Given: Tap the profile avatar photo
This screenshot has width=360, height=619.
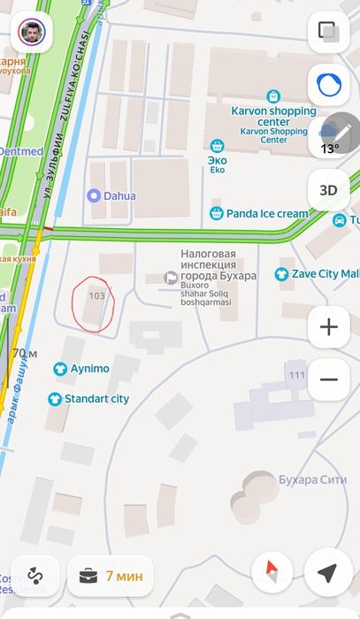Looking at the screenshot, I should click(x=33, y=33).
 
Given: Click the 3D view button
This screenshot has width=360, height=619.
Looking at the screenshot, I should click(x=328, y=189).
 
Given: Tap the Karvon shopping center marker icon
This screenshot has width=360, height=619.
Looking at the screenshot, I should click(x=273, y=95).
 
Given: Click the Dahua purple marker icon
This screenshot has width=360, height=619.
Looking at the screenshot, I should click(x=93, y=195).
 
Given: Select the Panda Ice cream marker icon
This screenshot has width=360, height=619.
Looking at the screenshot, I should click(x=216, y=213).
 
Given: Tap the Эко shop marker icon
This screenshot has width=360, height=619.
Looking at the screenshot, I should click(x=217, y=146).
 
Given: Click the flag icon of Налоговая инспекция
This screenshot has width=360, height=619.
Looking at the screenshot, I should click(x=172, y=277).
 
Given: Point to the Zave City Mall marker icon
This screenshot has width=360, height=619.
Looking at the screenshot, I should click(x=282, y=274).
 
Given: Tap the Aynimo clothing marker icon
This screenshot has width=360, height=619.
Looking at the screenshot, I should click(x=60, y=368).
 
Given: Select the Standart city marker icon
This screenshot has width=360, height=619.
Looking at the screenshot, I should click(x=55, y=399).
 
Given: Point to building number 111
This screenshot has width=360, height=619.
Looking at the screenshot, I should click(x=296, y=375).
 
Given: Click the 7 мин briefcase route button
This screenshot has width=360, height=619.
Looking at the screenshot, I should click(x=111, y=576).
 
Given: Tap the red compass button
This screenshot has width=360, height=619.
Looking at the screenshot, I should click(x=272, y=574).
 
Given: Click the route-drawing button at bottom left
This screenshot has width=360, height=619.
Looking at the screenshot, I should click(x=34, y=576).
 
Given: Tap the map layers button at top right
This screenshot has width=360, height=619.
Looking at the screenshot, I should click(x=328, y=33).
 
